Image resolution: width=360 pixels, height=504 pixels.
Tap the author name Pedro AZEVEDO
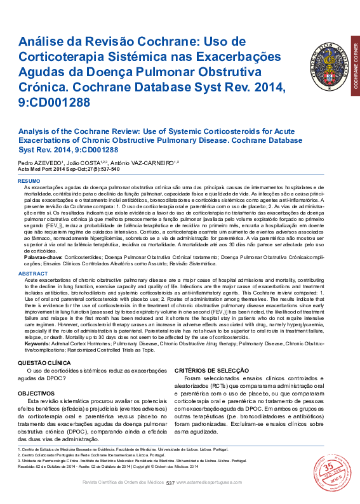click(x=39, y=162)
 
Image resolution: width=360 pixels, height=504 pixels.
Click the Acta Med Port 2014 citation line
click(x=69, y=169)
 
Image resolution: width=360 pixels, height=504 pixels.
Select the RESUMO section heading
click(x=28, y=182)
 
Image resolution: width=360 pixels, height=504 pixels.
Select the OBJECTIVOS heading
click(x=36, y=394)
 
